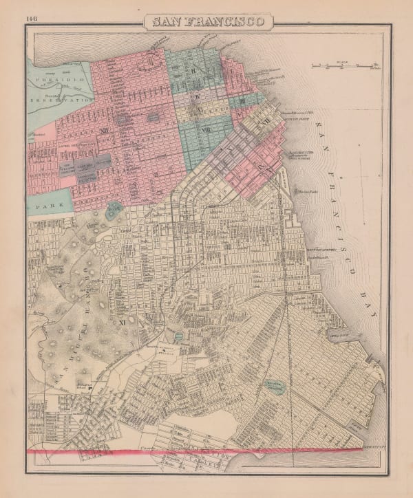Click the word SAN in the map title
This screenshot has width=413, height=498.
point(166,21)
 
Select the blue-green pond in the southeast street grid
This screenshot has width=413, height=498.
point(275,388)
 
